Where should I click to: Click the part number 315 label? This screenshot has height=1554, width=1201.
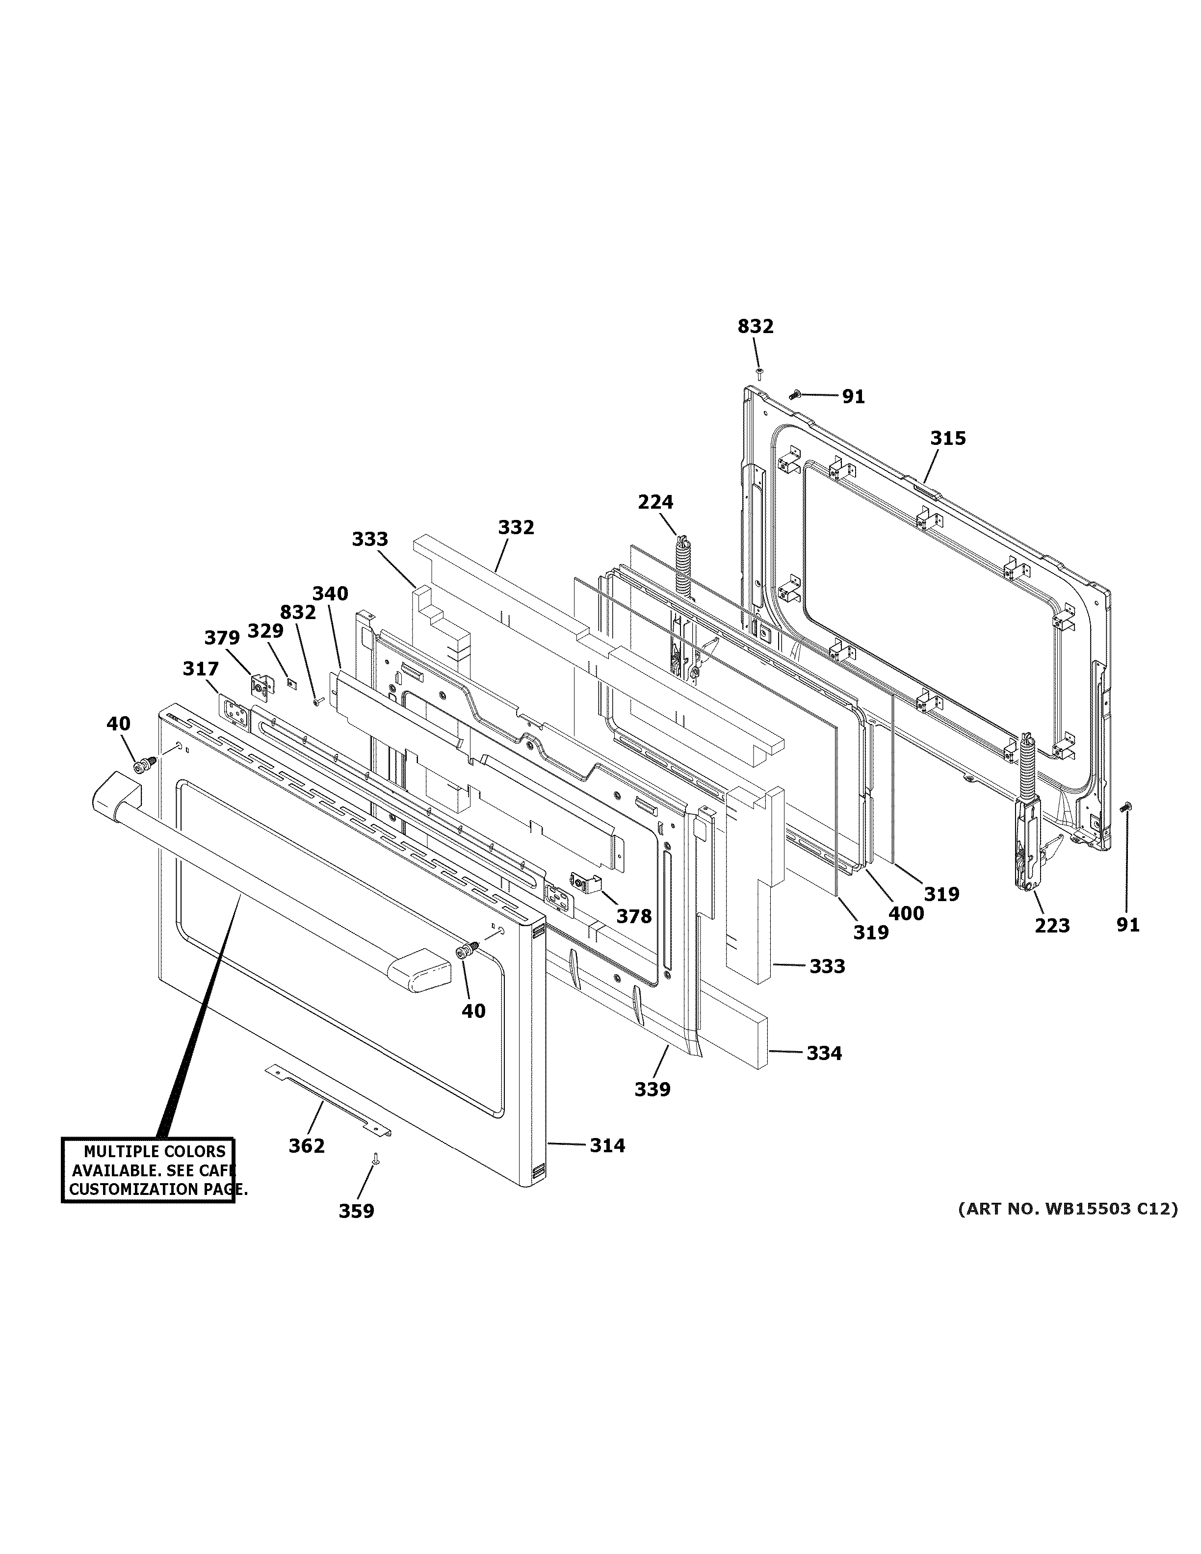click(948, 439)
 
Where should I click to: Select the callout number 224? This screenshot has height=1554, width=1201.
click(654, 502)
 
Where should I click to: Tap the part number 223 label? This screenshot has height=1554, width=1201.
click(1051, 926)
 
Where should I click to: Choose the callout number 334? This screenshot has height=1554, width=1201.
click(823, 1053)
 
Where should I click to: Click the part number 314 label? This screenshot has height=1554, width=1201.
click(607, 1145)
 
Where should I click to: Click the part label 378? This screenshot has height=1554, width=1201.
click(634, 916)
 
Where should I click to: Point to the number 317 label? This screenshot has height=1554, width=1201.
click(201, 669)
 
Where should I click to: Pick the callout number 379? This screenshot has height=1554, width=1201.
click(222, 638)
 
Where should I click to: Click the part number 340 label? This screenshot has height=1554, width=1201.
click(330, 594)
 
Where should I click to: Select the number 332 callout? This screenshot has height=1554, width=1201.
click(516, 527)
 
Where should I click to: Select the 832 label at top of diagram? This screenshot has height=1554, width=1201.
click(755, 327)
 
